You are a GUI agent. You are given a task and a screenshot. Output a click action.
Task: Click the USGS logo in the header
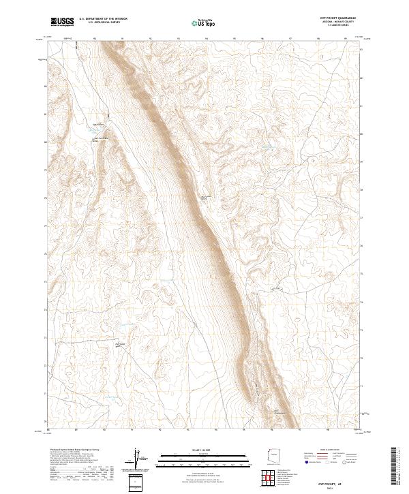(x=62, y=21)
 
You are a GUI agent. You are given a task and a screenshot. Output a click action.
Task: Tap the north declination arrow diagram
(x=136, y=461)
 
